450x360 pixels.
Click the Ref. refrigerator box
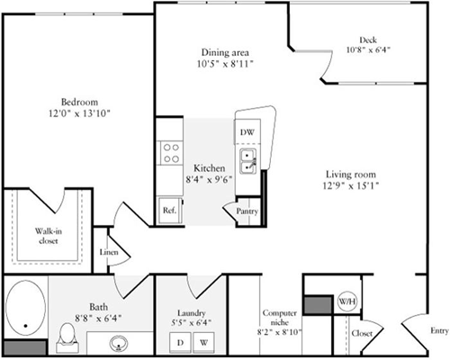[x=168, y=211]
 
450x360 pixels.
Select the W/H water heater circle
[x=346, y=301]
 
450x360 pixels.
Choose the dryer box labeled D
[x=180, y=342]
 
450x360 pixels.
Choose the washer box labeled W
[x=203, y=342]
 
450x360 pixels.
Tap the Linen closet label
[x=108, y=253]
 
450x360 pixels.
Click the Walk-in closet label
[x=49, y=236]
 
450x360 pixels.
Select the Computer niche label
[x=280, y=318]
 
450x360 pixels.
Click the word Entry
[x=438, y=330]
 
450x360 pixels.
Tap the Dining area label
[x=221, y=52]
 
